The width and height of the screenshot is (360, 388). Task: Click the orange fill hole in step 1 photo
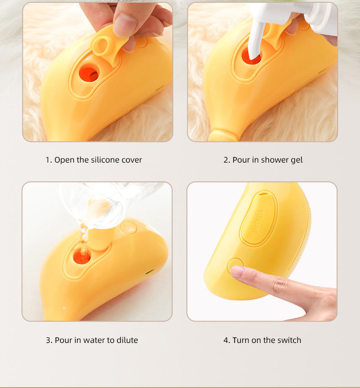coord(88,73)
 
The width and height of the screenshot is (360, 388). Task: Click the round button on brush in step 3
coord(129,228)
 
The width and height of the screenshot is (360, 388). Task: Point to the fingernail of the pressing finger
coord(237,272)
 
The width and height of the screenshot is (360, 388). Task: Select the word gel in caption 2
coord(296,160)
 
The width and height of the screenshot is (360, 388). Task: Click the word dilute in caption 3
coord(127,340)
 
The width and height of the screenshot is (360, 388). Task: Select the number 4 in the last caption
coord(226,340)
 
